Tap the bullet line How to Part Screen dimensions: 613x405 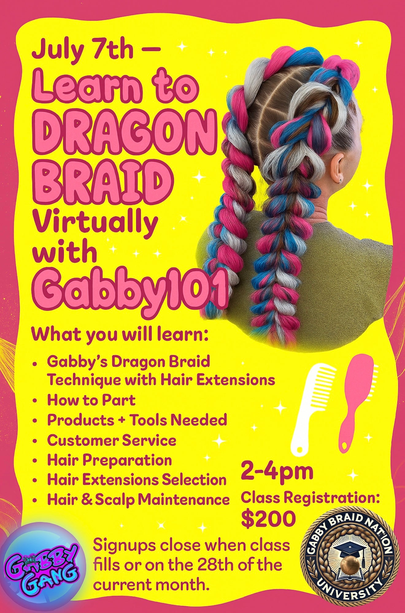(x=91, y=400)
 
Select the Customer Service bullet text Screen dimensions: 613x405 (x=112, y=440)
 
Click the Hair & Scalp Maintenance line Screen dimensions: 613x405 (x=138, y=500)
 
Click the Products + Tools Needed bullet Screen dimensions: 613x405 (x=137, y=420)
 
